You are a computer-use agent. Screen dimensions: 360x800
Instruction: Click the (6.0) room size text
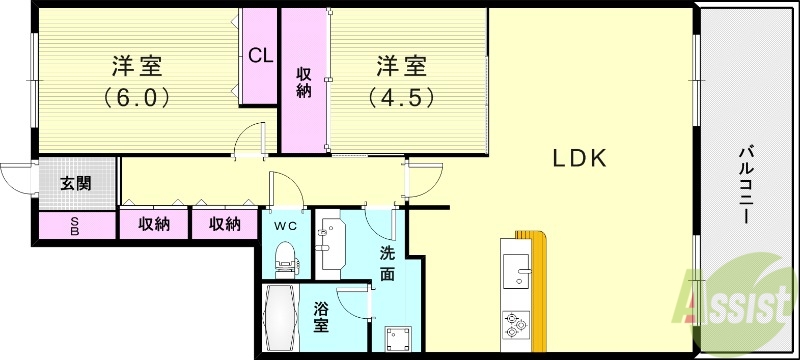point(137,98)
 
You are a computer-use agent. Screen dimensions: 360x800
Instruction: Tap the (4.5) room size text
point(401,98)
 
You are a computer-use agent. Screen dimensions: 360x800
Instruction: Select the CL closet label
point(260,56)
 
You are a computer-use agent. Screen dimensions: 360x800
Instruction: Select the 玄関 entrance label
point(74,183)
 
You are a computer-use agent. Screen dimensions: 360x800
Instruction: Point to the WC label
point(287,225)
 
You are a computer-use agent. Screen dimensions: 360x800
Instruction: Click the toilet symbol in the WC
point(288,258)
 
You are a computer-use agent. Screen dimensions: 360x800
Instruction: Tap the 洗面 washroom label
point(387,262)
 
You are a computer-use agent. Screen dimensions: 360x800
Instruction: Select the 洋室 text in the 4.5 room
point(401,67)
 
